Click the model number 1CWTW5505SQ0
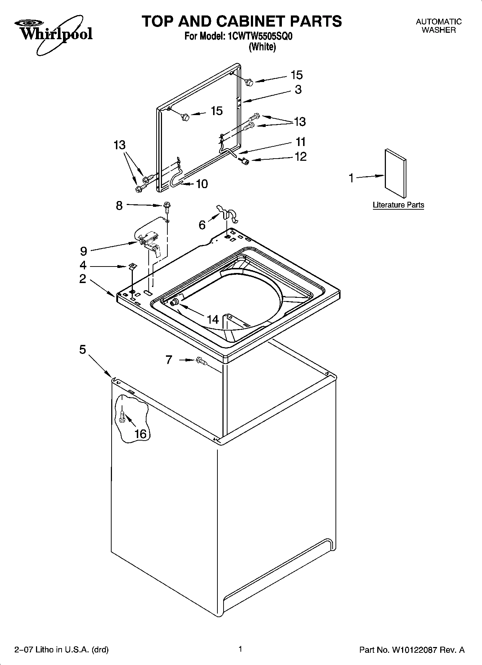[257, 37]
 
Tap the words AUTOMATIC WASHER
[438, 26]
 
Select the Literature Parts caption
[398, 205]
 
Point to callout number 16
[140, 434]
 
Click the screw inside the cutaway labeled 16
[122, 417]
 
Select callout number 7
[169, 360]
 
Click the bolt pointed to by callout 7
[201, 361]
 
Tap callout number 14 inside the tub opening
[213, 319]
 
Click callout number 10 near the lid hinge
[202, 184]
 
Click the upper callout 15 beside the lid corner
[296, 75]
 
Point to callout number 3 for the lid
[298, 89]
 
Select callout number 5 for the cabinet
[83, 349]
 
